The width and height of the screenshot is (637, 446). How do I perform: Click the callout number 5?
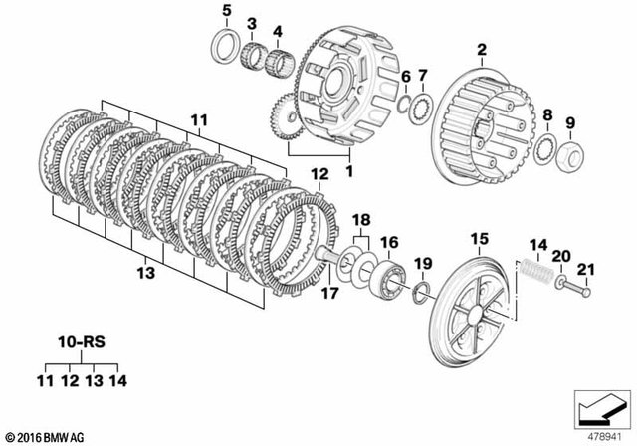click(226, 11)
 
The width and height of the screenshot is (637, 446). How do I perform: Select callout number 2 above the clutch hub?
click(481, 50)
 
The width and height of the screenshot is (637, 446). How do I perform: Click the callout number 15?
click(480, 239)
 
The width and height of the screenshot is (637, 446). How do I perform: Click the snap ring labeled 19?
click(422, 290)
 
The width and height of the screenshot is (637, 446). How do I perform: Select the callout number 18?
click(361, 217)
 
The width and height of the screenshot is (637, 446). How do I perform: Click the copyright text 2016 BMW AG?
click(45, 437)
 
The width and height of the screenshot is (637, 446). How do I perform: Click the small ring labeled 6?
click(405, 105)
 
